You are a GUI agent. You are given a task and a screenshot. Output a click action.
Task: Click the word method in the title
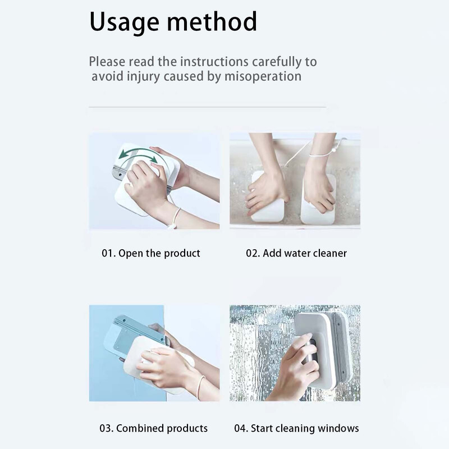click(212, 21)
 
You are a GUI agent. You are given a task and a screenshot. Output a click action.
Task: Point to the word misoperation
click(263, 76)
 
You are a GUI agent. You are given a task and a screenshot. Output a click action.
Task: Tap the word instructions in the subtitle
click(214, 62)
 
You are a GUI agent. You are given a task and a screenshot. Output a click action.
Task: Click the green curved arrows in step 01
click(139, 158)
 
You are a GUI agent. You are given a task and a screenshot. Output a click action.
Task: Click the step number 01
click(108, 254)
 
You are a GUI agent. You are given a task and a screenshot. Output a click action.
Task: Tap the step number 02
click(253, 254)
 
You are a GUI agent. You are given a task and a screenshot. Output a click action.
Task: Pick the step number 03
click(106, 428)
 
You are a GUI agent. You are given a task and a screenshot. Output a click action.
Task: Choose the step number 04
click(241, 428)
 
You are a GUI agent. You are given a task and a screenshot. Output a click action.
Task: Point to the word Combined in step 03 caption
click(140, 428)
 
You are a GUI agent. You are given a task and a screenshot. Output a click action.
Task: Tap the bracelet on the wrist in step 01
click(175, 218)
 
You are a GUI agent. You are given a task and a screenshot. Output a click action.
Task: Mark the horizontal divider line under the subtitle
click(207, 107)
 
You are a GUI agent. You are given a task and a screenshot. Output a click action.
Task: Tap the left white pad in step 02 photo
click(267, 198)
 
